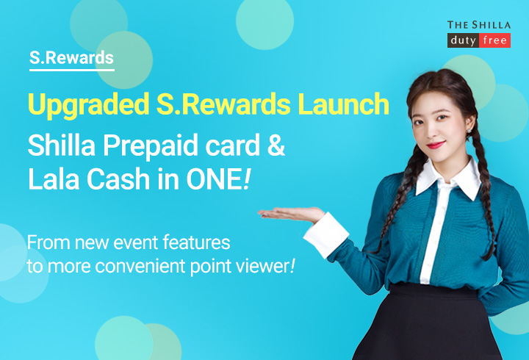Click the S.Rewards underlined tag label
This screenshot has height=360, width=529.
(x=71, y=57)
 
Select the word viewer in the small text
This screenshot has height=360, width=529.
(x=258, y=265)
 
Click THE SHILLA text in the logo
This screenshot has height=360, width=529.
(x=479, y=25)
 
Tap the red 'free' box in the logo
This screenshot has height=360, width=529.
(x=494, y=41)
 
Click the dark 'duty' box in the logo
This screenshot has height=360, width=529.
(x=463, y=41)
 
